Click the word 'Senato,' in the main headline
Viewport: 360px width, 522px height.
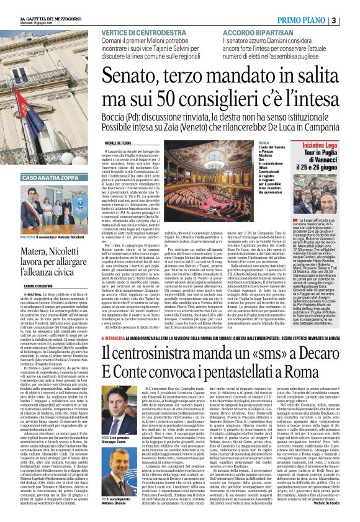(138, 76)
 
